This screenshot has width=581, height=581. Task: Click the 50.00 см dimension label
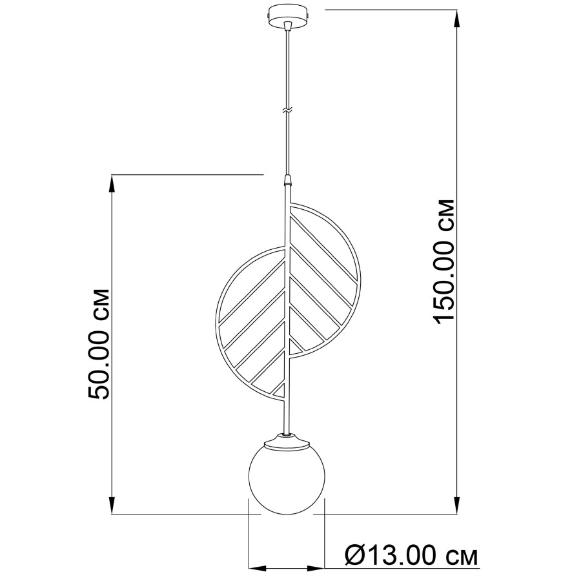click(99, 343)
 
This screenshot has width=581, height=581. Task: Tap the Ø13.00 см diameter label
click(411, 555)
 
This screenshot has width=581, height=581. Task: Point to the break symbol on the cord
click(287, 110)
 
